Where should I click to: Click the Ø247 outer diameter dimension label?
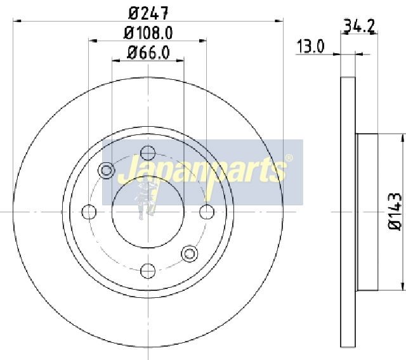pos(148,13)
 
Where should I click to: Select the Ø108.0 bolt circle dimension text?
pos(148,33)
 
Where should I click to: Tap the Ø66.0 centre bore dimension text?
pos(148,53)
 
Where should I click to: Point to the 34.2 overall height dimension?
pos(359,26)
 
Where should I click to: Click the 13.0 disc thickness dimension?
pos(310,46)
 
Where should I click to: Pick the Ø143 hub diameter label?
pos(395,211)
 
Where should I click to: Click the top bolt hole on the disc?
pos(148,153)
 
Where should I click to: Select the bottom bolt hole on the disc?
pos(148,271)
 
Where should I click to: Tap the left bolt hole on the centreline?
pos(89,212)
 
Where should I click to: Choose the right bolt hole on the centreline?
pos(207,212)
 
